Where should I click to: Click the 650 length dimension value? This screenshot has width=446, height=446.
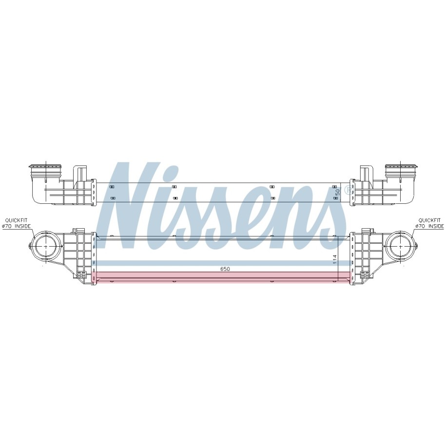point(225,269)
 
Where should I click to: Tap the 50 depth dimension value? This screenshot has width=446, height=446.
point(338,192)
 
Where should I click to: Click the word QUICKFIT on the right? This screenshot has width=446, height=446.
point(429,220)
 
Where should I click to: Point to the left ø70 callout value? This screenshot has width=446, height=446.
point(7,226)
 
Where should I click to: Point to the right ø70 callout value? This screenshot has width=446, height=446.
point(420,226)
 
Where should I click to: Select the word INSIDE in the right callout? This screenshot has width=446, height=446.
point(436,226)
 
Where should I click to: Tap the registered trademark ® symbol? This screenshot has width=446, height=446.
point(349,189)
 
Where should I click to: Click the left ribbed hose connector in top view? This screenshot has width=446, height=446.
point(45,170)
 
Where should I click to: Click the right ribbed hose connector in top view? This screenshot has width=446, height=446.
point(401,170)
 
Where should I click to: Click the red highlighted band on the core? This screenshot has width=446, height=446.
point(222,277)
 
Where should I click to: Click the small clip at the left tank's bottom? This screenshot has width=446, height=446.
point(81,275)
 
